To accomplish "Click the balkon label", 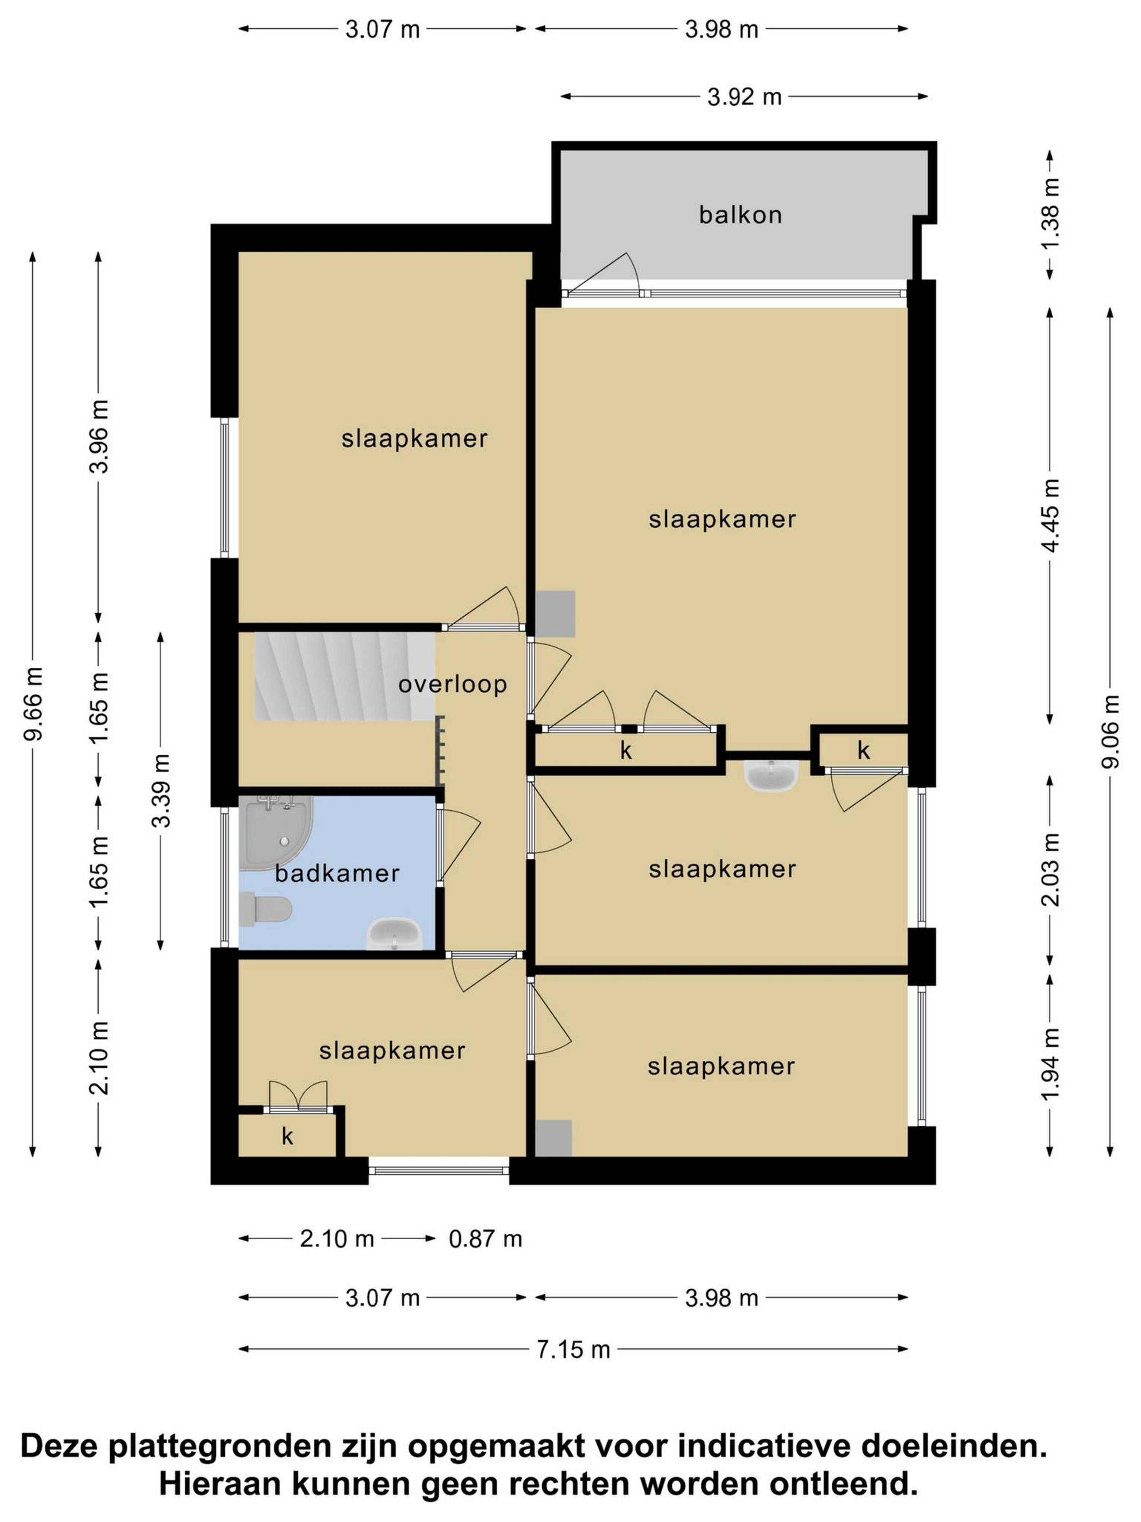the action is pyautogui.click(x=740, y=215).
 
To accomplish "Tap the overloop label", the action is pyautogui.click(x=453, y=684).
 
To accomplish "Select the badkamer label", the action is pyautogui.click(x=337, y=874).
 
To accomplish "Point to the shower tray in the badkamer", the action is pyautogui.click(x=275, y=833).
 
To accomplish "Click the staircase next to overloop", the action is pyautogui.click(x=344, y=676).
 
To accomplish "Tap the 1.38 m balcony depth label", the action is pyautogui.click(x=1050, y=215).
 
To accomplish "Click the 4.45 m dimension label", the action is pyautogui.click(x=1050, y=515).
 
